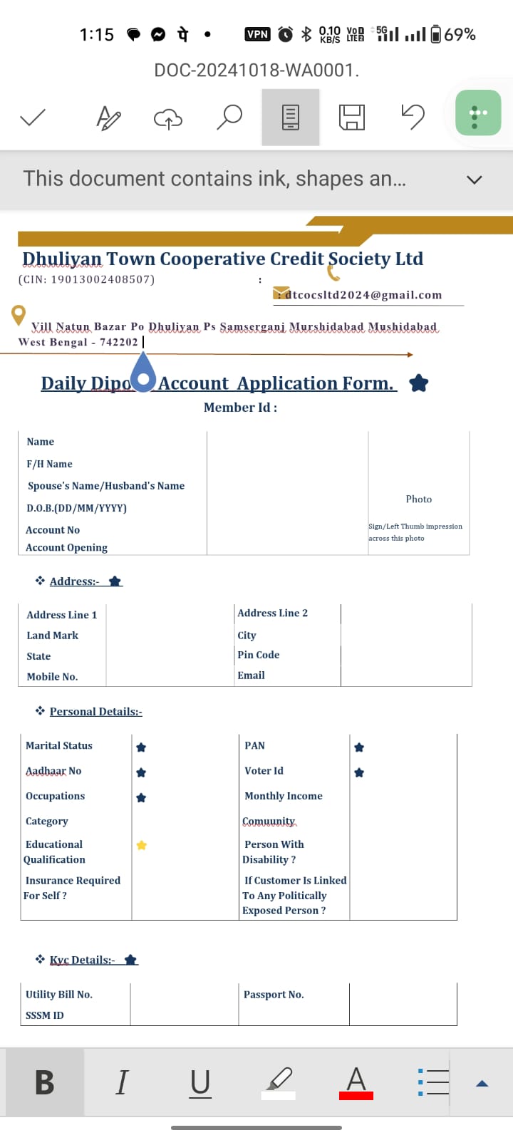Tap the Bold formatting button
click(44, 1082)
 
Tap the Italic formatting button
click(122, 1082)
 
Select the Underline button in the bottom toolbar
click(200, 1082)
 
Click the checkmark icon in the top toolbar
click(33, 117)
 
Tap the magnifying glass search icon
click(229, 117)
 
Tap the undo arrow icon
click(413, 117)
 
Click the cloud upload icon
click(168, 118)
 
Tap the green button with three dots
click(478, 113)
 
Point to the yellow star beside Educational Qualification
click(142, 845)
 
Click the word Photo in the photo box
click(419, 499)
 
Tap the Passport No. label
click(274, 994)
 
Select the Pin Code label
click(259, 655)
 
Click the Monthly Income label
click(284, 796)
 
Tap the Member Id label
click(240, 408)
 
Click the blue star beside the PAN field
click(359, 747)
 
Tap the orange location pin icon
click(19, 314)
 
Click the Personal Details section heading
click(95, 711)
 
